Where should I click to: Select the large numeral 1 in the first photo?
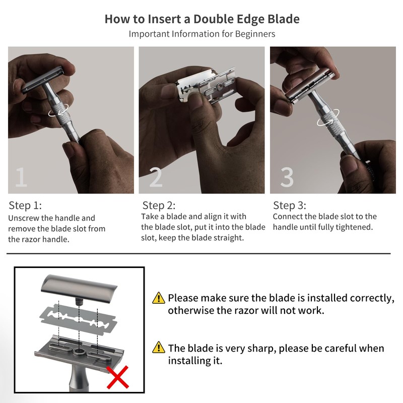(21, 177)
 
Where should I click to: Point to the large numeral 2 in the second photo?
(156, 177)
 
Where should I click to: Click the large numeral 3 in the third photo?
(287, 177)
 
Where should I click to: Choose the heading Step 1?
(25, 206)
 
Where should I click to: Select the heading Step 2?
(159, 206)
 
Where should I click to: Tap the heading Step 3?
(290, 206)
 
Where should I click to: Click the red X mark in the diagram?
(117, 377)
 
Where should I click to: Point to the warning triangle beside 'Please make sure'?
(159, 298)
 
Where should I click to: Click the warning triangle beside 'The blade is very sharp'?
(159, 347)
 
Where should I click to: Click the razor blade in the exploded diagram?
(79, 320)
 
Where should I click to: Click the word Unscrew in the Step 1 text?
(24, 218)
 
